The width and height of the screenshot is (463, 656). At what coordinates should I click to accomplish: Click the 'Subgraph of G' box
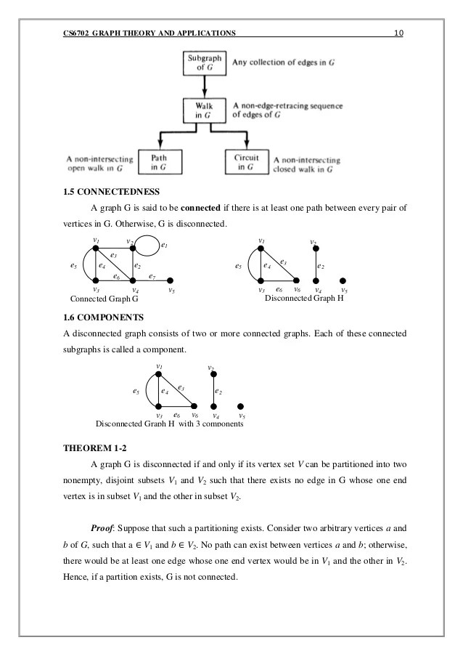pyautogui.click(x=205, y=63)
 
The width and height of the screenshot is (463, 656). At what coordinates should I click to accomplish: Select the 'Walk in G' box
pyautogui.click(x=205, y=110)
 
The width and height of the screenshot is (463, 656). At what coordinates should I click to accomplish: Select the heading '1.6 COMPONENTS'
pyautogui.click(x=105, y=317)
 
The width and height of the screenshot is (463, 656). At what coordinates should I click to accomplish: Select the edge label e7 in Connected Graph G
pyautogui.click(x=152, y=276)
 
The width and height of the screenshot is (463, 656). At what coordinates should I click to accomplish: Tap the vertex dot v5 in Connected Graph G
pyautogui.click(x=169, y=280)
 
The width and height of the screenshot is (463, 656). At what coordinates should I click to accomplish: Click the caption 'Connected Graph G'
pyautogui.click(x=104, y=299)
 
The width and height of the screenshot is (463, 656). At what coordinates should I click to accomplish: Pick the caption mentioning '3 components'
pyautogui.click(x=168, y=424)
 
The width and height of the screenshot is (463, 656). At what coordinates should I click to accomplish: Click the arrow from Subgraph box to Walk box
pyautogui.click(x=205, y=87)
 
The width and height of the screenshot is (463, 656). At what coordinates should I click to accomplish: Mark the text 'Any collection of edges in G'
pyautogui.click(x=283, y=63)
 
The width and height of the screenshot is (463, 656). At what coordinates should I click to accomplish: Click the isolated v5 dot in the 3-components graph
pyautogui.click(x=241, y=407)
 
